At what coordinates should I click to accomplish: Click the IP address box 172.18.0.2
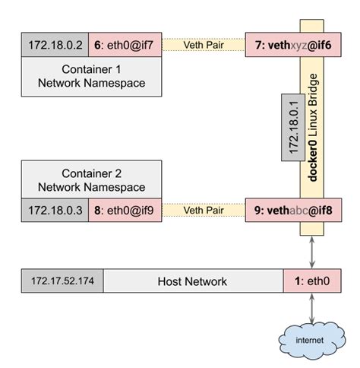(x=55, y=46)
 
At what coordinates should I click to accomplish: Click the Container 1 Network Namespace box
(x=91, y=78)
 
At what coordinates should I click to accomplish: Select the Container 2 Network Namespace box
(x=91, y=179)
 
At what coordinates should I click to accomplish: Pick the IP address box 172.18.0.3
(x=55, y=211)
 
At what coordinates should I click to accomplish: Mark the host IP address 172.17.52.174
(x=62, y=281)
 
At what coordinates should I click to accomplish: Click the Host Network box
(x=193, y=281)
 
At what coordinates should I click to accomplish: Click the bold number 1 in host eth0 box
(x=297, y=281)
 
